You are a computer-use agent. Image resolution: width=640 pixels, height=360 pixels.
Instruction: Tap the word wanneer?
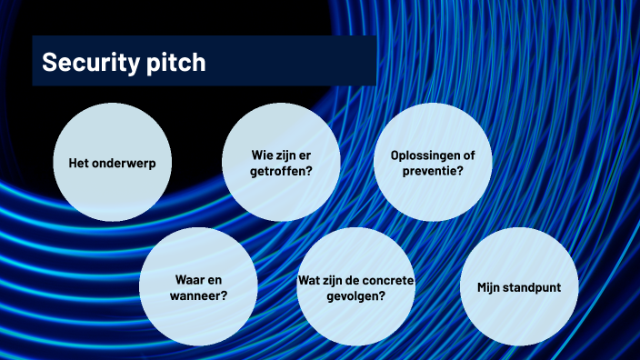click(199, 295)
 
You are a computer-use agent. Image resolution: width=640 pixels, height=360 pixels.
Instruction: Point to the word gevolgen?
click(355, 295)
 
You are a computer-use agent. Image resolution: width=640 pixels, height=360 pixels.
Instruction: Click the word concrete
click(391, 279)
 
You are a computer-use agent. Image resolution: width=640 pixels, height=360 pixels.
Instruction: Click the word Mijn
click(490, 287)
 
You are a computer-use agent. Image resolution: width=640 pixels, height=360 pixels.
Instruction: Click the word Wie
click(262, 155)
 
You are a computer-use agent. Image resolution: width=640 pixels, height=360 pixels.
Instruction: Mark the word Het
click(79, 164)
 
